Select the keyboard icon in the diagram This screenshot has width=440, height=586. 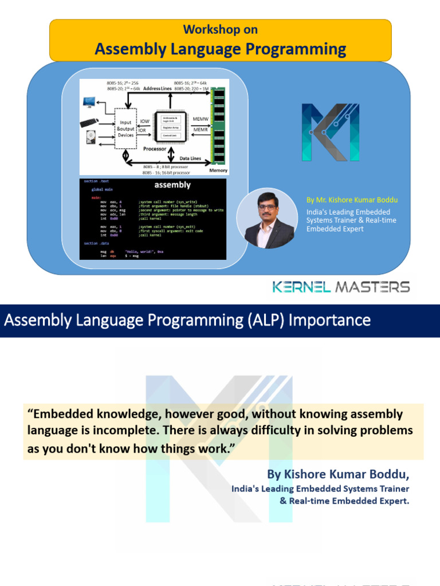(x=89, y=122)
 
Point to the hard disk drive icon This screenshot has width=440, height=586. (x=90, y=138)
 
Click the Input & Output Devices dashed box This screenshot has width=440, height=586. (x=125, y=129)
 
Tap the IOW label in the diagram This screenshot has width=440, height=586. (x=145, y=121)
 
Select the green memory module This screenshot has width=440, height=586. (x=218, y=126)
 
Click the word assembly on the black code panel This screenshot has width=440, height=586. (x=172, y=185)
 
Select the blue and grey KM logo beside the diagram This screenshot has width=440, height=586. (x=331, y=132)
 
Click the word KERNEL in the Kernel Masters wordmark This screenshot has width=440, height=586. (x=301, y=287)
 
